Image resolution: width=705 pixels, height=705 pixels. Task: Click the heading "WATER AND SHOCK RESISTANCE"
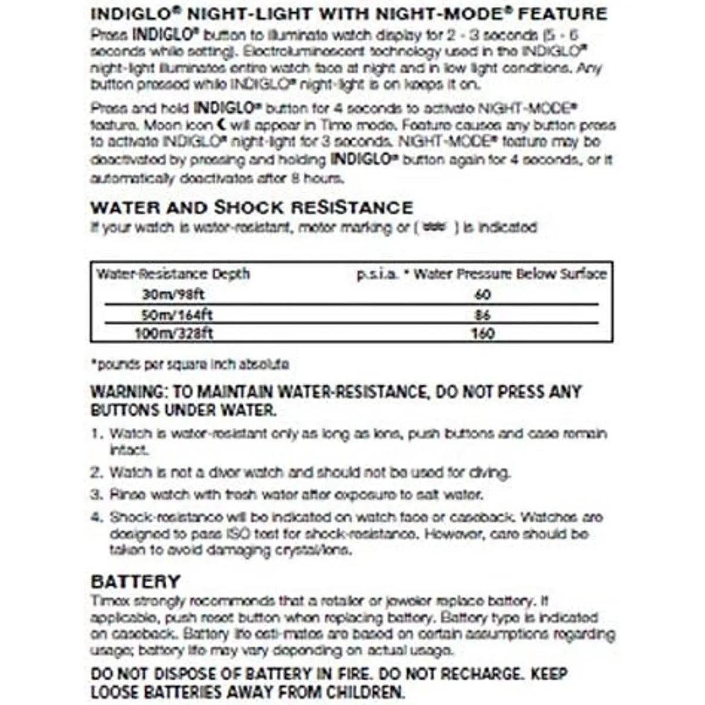[251, 207]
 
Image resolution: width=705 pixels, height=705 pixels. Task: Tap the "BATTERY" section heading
[135, 581]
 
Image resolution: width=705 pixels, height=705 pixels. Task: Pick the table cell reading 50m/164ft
[177, 314]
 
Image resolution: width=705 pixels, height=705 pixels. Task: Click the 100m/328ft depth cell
[174, 334]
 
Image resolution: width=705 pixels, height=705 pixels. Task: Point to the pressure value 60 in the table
[482, 294]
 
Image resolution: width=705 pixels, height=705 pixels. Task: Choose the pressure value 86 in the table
[482, 314]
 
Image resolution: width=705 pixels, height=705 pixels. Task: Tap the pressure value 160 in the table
[482, 334]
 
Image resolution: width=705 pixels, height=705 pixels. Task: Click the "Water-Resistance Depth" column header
[173, 274]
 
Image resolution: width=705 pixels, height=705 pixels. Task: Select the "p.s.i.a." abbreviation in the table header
[378, 274]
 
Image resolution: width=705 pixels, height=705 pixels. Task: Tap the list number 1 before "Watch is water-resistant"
[96, 434]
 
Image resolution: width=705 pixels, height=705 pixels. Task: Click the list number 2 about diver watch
[96, 472]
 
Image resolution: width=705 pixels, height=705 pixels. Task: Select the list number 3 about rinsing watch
[96, 495]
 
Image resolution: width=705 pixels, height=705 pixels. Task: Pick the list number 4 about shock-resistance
[96, 518]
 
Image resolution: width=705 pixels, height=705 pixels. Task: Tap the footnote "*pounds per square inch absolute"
[189, 364]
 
